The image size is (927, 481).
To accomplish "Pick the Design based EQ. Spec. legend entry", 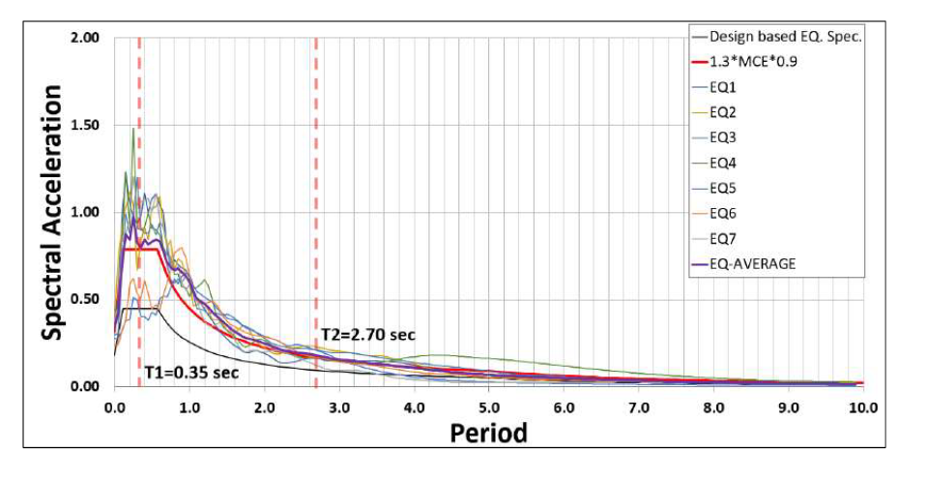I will (x=784, y=39).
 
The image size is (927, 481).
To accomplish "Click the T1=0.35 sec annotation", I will (x=190, y=371).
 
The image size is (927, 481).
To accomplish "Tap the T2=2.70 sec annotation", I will (x=367, y=335).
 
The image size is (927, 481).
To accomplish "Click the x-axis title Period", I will (x=489, y=432).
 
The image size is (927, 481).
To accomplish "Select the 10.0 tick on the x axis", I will (x=862, y=407).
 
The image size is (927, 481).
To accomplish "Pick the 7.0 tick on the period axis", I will (x=638, y=407).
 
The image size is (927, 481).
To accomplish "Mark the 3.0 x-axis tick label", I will (x=338, y=407).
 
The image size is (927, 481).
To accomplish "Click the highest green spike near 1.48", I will (x=133, y=129).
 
